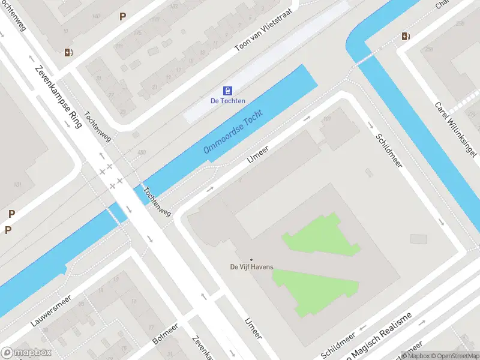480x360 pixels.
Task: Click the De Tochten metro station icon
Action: (227, 91)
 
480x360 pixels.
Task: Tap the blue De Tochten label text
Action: (227, 101)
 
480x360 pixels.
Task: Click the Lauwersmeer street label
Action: (52, 310)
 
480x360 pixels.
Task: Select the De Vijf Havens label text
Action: (252, 267)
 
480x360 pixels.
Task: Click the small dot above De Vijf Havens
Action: (251, 259)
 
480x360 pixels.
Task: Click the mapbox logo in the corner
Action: (26, 353)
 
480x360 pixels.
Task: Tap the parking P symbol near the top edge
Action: (122, 17)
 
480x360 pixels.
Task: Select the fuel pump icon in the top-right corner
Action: (406, 36)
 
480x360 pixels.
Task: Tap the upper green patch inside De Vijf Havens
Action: (321, 236)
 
